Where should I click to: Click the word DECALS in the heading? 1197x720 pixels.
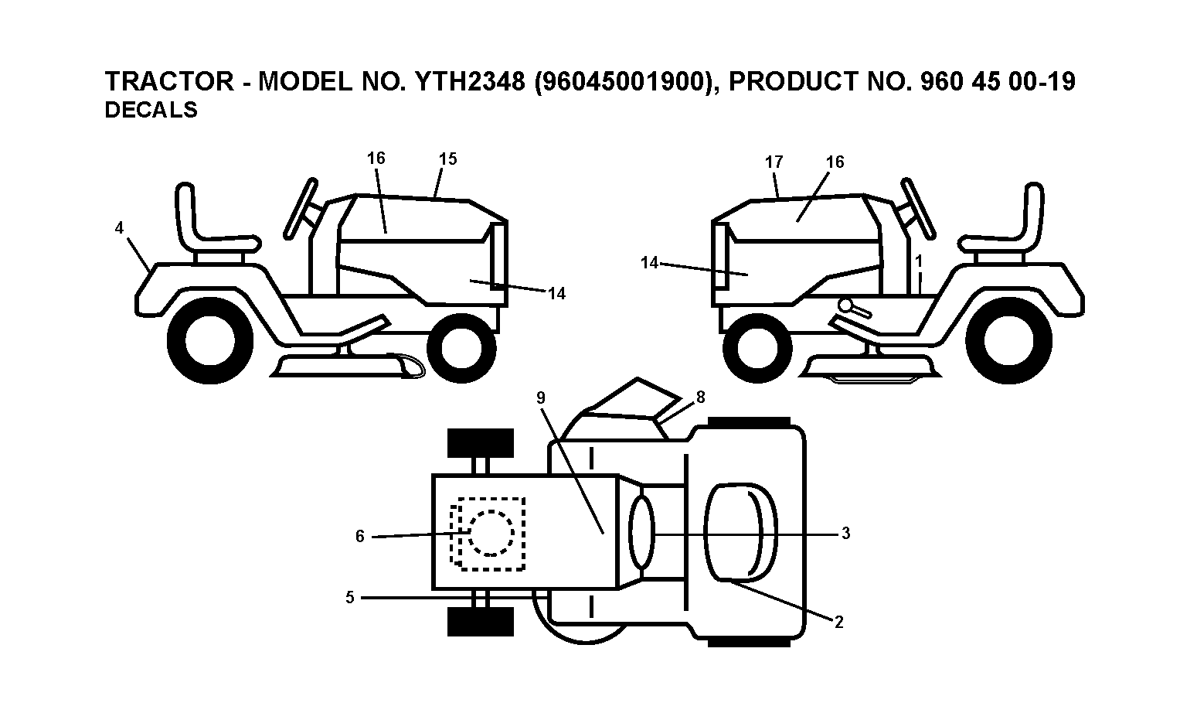coord(151,110)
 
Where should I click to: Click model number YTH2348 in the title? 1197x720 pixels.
coord(471,81)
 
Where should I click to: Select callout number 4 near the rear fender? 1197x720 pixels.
coord(119,228)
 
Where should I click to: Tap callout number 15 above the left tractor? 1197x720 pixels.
coord(447,159)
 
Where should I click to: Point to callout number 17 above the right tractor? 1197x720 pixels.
coord(774,162)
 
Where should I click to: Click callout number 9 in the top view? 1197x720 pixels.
coord(541,398)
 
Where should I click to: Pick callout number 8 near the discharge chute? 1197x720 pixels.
coord(701,397)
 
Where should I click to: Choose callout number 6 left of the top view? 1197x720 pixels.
coord(359,536)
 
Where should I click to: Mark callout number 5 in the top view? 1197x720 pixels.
coord(350,597)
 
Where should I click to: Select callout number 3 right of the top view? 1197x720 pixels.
coord(845,534)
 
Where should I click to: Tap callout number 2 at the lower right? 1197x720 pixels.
coord(838,622)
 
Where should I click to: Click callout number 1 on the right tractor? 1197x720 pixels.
coord(919,261)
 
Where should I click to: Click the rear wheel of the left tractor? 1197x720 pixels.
coord(210,341)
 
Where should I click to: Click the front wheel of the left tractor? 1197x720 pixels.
coord(461,348)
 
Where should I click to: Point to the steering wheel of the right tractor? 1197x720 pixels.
coord(918,207)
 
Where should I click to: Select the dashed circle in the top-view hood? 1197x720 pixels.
coord(491,534)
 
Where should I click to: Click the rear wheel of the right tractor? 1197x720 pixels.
coord(1009,341)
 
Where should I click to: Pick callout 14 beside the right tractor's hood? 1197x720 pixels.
coord(649,263)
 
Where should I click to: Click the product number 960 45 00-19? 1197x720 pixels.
coord(998,81)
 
